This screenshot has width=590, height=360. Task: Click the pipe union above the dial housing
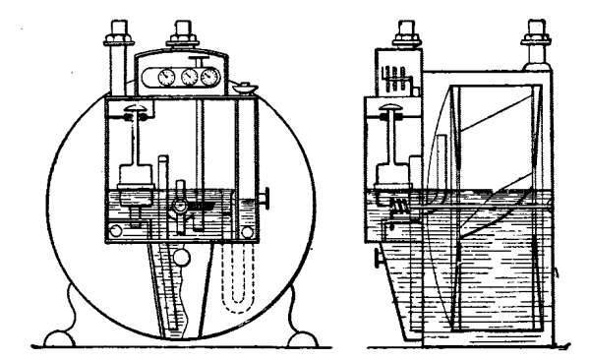point(180,38)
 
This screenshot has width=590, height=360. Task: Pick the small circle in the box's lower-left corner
point(116,232)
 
